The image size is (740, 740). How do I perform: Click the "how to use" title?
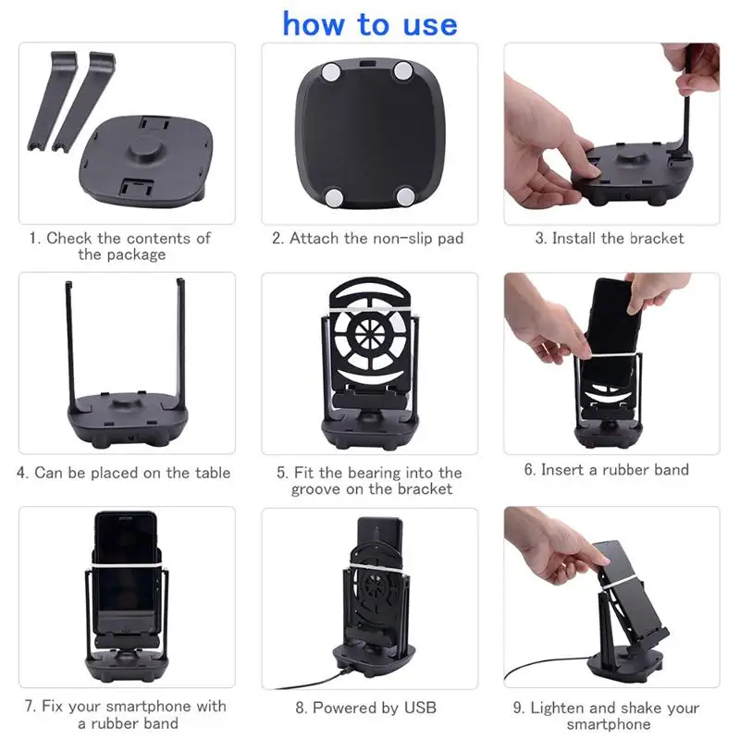370,24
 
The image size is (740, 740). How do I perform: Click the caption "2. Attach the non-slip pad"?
367,239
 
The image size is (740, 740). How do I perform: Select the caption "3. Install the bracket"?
610,239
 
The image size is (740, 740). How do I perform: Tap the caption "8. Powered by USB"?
365,708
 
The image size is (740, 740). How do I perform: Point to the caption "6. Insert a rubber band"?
607,470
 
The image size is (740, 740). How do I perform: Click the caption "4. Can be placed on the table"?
124,473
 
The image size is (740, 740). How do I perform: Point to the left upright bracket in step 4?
69,342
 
